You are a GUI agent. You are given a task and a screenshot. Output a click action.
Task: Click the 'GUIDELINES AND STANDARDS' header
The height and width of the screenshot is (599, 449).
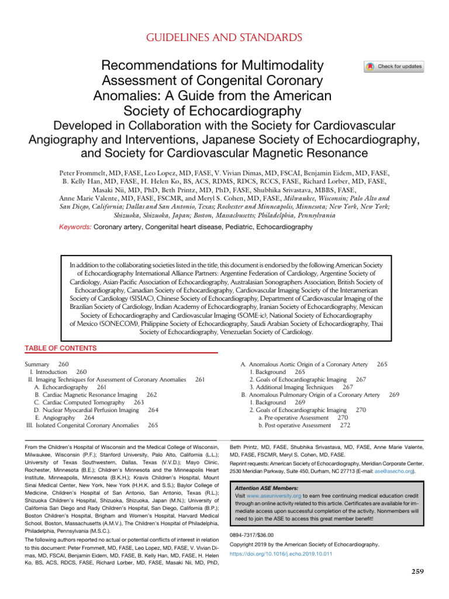tap(224, 38)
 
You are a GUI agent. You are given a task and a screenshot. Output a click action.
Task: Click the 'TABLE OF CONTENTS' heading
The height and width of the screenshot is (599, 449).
tap(61, 349)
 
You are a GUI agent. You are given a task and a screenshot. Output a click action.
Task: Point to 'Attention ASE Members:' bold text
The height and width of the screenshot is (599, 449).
tap(266, 487)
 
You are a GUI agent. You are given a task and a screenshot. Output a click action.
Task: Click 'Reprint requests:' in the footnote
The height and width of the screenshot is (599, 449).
tap(251, 462)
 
